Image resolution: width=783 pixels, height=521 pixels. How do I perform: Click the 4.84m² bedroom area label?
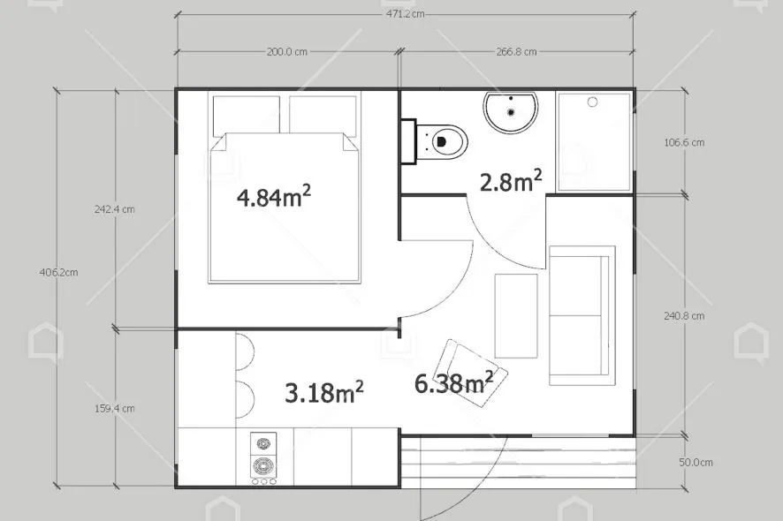click(x=274, y=196)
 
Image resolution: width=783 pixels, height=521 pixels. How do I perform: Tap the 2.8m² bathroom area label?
click(x=511, y=181)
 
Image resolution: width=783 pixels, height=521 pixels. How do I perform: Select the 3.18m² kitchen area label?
click(x=324, y=391)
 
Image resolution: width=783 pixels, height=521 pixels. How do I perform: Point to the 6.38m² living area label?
click(x=454, y=382)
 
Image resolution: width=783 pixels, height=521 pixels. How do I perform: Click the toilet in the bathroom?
click(x=443, y=140)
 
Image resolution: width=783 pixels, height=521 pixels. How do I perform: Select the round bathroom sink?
click(x=511, y=112)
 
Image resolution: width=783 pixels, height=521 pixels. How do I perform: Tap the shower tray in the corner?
click(x=595, y=140)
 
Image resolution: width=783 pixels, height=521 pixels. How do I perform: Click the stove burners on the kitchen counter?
click(x=262, y=457)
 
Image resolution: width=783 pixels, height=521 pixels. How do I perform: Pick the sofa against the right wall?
click(x=580, y=315)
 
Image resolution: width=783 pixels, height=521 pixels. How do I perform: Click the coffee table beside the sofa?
click(x=515, y=314)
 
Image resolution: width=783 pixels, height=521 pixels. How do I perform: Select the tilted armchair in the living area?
click(x=474, y=373)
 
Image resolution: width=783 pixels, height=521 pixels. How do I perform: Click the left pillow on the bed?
click(x=246, y=115)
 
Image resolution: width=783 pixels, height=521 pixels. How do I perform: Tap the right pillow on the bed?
click(x=323, y=115)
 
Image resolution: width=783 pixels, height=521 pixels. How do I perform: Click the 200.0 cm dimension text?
click(x=286, y=51)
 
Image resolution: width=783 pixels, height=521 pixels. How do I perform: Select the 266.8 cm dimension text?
click(x=516, y=51)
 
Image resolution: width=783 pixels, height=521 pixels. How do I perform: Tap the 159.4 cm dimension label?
click(x=115, y=408)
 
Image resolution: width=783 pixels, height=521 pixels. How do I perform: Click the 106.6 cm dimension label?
click(x=683, y=142)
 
